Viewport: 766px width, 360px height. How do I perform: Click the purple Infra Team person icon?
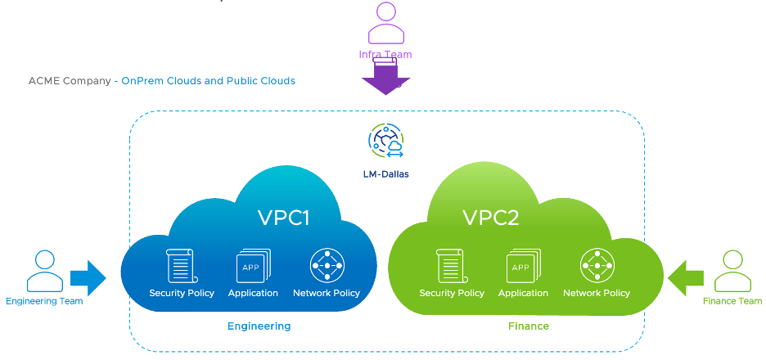[385, 24]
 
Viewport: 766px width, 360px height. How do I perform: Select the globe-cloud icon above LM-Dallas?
[385, 142]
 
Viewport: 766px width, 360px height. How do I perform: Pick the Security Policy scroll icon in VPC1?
[181, 266]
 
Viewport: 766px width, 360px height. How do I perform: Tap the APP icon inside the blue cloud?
[253, 266]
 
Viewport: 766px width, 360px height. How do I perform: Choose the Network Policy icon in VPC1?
[327, 266]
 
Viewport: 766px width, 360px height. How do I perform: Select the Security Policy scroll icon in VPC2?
[452, 266]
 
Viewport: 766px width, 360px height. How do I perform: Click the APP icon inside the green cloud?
[523, 266]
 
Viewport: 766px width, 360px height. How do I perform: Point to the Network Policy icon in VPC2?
[597, 266]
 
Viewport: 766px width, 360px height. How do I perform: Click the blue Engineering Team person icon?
[44, 272]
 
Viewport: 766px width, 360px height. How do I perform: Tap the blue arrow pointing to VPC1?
[88, 278]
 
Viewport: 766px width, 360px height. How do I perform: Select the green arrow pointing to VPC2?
[686, 278]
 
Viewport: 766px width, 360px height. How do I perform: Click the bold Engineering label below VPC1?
[259, 326]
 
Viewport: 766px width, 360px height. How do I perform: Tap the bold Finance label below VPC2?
[528, 326]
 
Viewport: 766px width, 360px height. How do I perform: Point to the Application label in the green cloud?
[523, 293]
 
